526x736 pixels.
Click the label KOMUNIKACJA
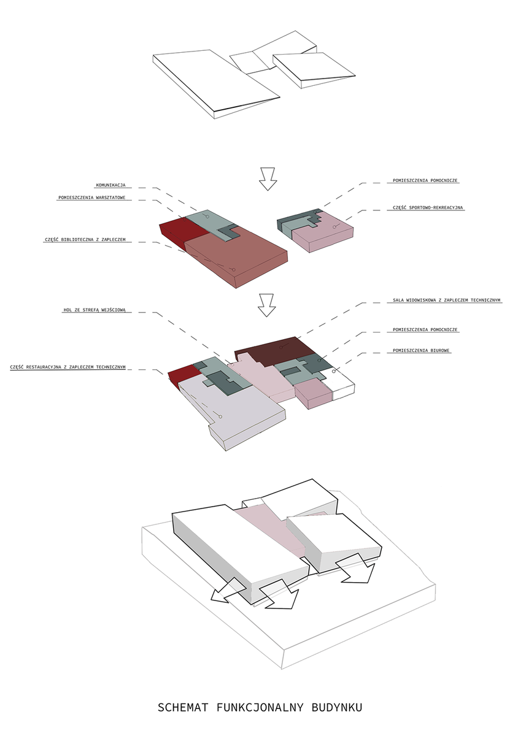point(111,185)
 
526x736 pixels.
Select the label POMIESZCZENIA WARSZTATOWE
point(91,197)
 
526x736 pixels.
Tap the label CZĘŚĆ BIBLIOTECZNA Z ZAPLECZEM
point(85,240)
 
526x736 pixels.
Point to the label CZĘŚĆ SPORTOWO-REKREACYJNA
point(428,208)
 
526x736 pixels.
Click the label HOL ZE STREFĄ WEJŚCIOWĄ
point(95,310)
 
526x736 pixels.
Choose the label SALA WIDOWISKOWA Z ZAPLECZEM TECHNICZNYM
point(446,300)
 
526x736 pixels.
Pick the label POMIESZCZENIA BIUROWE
point(421,351)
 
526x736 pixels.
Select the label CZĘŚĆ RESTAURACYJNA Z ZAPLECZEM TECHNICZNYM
point(68,367)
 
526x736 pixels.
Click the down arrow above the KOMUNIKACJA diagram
point(268,179)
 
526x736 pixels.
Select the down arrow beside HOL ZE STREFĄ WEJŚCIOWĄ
point(266,305)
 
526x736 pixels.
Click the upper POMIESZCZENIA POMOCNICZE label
point(425,180)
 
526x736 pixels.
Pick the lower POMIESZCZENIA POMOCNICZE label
point(425,329)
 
